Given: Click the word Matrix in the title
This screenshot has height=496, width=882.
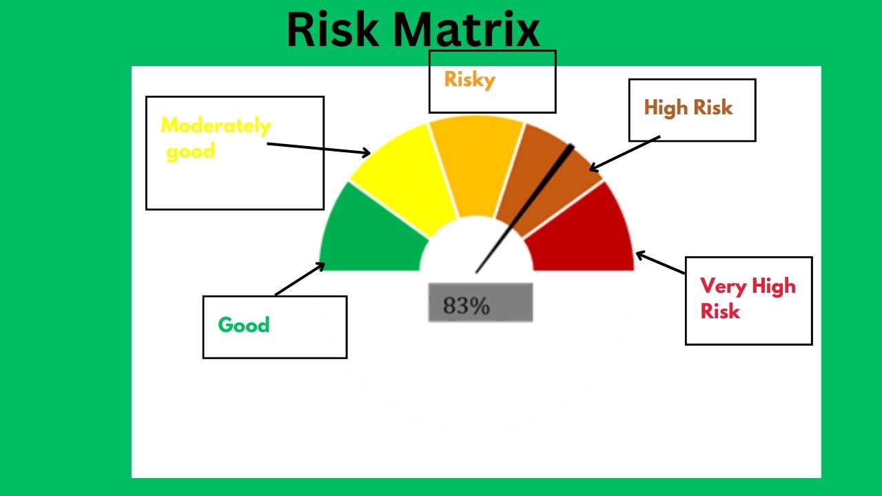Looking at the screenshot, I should tap(468, 30).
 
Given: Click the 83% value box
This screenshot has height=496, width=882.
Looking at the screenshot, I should tap(480, 303).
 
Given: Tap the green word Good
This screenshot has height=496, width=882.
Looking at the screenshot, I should tap(243, 325).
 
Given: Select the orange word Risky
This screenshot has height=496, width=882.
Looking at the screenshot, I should tap(469, 80).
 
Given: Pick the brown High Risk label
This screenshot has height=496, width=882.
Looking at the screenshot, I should tap(688, 107).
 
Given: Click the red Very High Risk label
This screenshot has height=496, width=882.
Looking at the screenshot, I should tap(748, 298).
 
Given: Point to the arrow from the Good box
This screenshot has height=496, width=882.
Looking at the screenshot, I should tap(300, 279).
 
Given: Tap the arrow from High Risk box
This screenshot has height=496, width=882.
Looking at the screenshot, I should tap(624, 153).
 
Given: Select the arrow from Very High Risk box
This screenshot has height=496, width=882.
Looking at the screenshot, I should tap(660, 263).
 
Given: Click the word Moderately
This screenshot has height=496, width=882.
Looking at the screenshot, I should tap(216, 126).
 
